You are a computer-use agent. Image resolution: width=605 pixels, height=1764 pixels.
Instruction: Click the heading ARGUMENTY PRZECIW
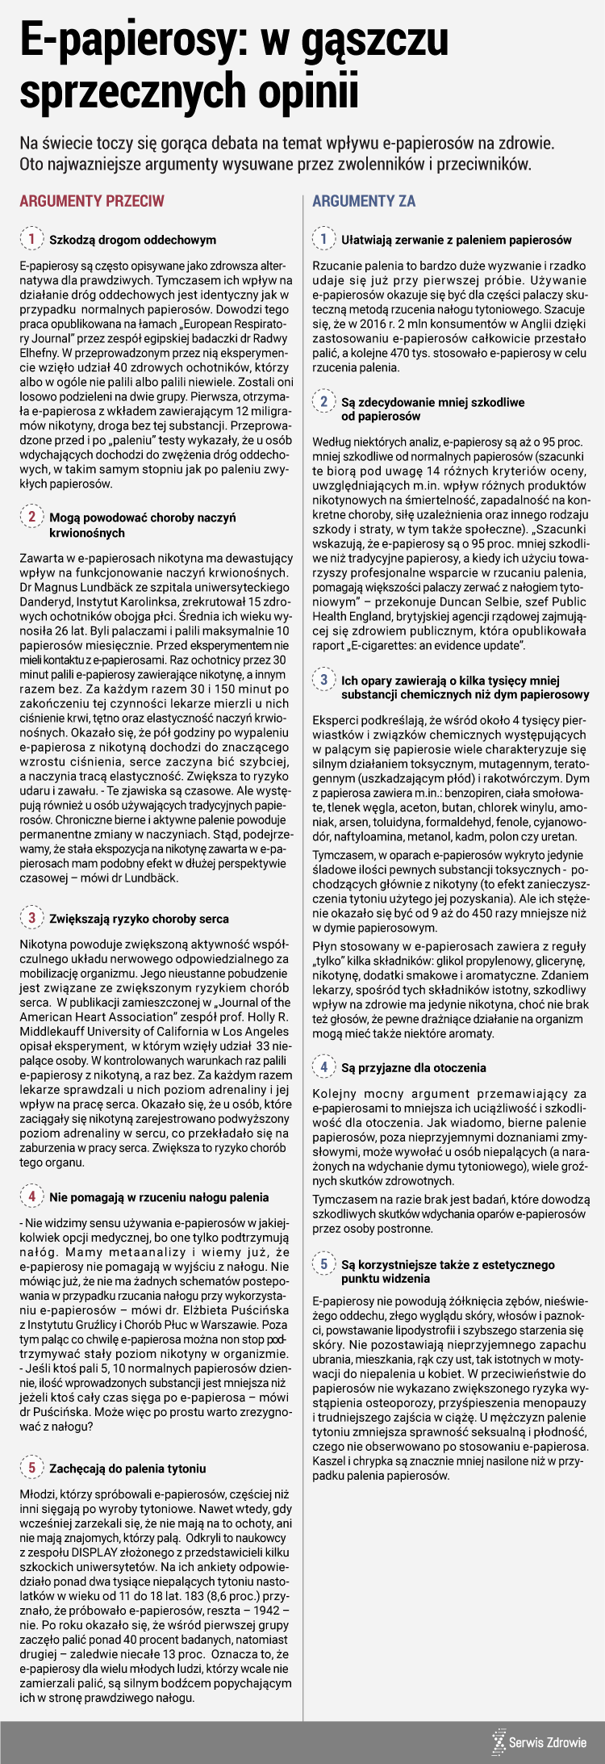(91, 201)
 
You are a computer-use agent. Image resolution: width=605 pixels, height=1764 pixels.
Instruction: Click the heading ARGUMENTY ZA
(364, 201)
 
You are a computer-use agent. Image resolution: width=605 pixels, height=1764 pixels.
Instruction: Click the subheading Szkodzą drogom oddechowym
(132, 240)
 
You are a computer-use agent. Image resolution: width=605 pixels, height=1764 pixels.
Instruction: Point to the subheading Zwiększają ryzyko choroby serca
(139, 919)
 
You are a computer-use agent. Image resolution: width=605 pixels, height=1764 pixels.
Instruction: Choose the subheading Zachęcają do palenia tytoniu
(127, 1468)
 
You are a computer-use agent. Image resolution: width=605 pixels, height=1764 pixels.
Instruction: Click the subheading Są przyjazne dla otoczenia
(413, 1067)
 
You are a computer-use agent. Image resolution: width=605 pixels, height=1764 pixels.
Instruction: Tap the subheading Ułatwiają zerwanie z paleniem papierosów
(456, 240)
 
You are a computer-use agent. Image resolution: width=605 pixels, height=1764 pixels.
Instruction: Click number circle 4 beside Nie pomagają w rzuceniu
(31, 1196)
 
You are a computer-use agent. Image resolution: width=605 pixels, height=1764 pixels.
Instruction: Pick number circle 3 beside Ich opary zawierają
(323, 680)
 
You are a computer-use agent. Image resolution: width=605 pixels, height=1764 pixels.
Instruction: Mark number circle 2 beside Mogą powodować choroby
(31, 517)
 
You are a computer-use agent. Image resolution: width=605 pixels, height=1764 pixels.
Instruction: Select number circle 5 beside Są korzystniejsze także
(323, 1264)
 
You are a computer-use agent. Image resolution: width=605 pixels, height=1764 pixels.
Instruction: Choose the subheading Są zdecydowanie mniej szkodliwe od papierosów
(432, 409)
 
